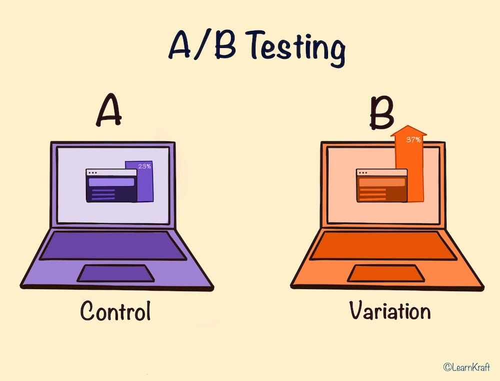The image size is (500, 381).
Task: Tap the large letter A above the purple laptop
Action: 109,113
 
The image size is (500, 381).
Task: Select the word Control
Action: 115,312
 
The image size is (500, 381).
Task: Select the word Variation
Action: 389,311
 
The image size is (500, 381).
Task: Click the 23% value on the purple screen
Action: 144,166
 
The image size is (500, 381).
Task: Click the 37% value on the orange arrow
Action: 413,140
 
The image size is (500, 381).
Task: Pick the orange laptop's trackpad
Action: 386,273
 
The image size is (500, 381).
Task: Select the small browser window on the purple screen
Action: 111,185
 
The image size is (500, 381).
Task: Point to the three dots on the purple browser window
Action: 92,173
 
